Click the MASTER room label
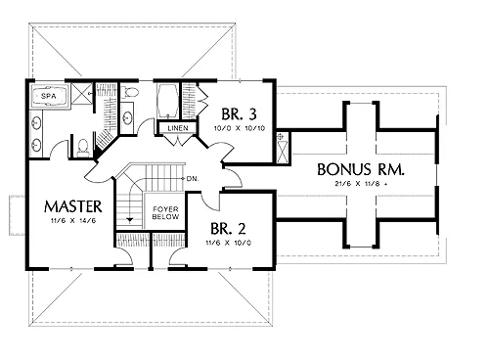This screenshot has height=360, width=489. tap(73, 206)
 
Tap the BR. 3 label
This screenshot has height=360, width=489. tap(239, 114)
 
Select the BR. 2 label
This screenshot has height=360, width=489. tap(228, 229)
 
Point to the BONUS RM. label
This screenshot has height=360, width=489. tap(361, 169)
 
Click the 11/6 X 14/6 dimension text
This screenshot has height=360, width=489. tap(73, 221)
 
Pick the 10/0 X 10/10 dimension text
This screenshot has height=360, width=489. tap(240, 128)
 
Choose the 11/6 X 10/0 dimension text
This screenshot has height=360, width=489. tap(228, 243)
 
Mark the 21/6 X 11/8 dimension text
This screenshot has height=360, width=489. tap(361, 184)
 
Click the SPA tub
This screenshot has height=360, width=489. tap(49, 96)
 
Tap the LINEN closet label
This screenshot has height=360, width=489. tap(178, 128)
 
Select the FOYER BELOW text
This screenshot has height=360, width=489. tap(165, 213)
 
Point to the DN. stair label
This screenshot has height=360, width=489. tap(193, 179)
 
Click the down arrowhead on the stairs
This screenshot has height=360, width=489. tap(130, 220)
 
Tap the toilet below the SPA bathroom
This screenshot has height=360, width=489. tap(83, 147)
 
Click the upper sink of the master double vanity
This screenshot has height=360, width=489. tap(36, 123)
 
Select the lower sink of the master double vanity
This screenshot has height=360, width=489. tap(36, 145)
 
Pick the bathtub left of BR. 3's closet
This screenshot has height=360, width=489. tap(167, 101)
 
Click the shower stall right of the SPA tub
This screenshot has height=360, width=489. tap(82, 94)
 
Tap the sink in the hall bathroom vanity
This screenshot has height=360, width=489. tap(127, 118)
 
